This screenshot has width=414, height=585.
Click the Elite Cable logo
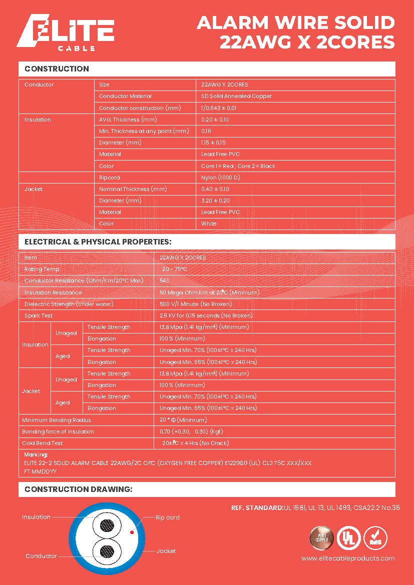(65, 34)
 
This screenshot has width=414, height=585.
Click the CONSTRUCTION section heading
(57, 69)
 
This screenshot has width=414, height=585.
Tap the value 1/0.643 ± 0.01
(219, 108)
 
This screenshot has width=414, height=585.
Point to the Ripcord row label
(110, 177)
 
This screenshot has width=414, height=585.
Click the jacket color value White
(209, 223)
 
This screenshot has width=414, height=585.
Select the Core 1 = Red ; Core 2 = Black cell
(238, 166)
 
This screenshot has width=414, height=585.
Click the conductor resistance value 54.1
(164, 281)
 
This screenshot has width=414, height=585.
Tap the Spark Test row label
(39, 315)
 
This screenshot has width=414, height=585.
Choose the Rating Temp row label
(42, 269)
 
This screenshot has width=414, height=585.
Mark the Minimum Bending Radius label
(57, 420)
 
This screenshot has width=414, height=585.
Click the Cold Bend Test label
(43, 443)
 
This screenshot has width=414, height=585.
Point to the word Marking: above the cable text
(36, 455)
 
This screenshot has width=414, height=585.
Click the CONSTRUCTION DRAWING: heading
(78, 489)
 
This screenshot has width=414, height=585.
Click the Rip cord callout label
(167, 517)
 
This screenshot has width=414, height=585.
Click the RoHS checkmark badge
(375, 538)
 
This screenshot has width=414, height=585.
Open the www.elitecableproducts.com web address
(348, 558)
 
